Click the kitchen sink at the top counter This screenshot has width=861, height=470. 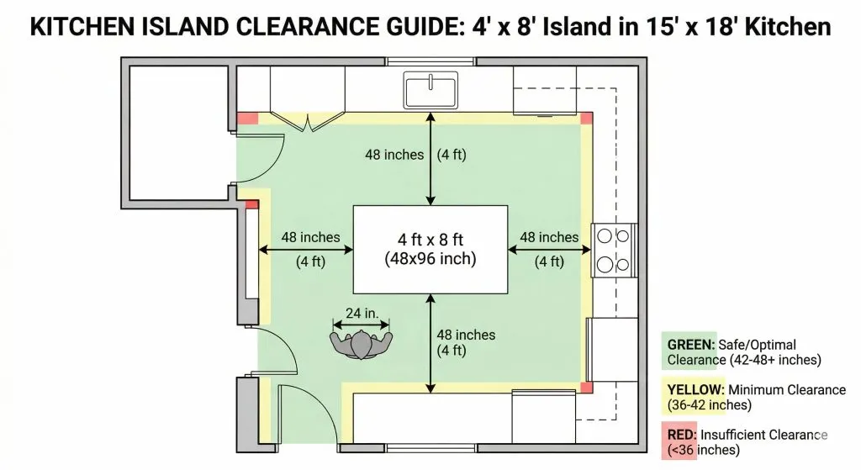click(430, 90)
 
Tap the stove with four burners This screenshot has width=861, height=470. click(614, 251)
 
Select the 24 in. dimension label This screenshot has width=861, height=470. click(362, 313)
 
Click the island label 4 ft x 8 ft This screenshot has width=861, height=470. click(430, 240)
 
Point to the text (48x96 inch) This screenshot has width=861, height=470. click(430, 259)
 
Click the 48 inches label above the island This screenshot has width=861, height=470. click(394, 155)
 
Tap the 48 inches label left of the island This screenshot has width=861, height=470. click(311, 237)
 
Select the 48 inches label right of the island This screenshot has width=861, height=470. click(549, 237)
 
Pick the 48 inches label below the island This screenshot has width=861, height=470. click(466, 335)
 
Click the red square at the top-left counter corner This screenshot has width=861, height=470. click(248, 118)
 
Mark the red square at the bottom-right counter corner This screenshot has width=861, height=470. click(586, 387)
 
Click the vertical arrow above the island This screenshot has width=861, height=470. click(430, 159)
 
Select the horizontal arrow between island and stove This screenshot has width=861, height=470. click(549, 250)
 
